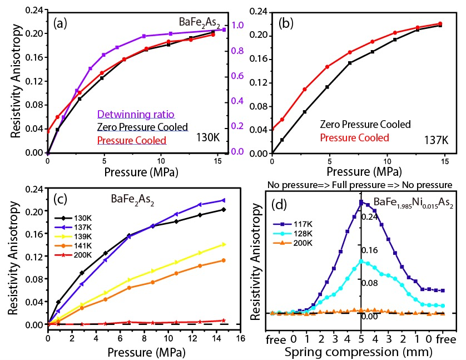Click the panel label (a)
coord(61,24)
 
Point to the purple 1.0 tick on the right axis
coord(239,25)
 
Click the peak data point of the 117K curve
coord(361,202)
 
